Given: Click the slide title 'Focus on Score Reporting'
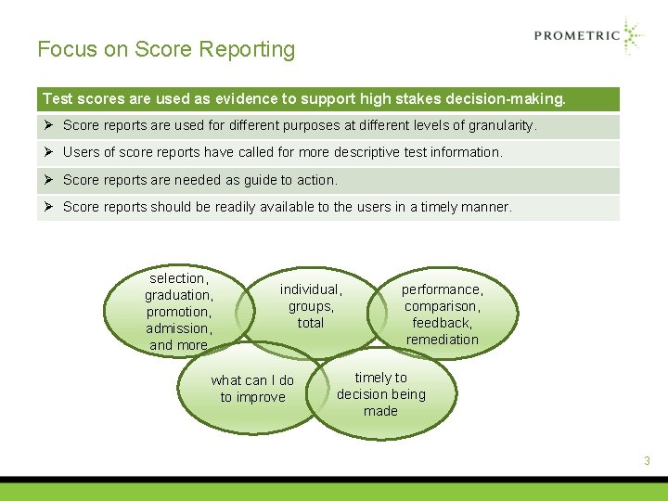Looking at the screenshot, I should [166, 50].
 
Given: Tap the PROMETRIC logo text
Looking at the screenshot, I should [576, 36].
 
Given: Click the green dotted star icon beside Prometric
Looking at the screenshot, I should [633, 35].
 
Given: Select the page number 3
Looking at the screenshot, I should [647, 461].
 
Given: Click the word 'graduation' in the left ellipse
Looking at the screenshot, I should [178, 295].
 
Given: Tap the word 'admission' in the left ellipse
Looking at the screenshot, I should [178, 328].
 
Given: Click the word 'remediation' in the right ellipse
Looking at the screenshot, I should [442, 340].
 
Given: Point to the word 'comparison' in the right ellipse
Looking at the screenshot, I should [442, 306].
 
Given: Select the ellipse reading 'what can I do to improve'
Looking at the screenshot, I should [252, 390].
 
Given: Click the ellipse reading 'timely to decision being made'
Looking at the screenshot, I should [381, 394].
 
